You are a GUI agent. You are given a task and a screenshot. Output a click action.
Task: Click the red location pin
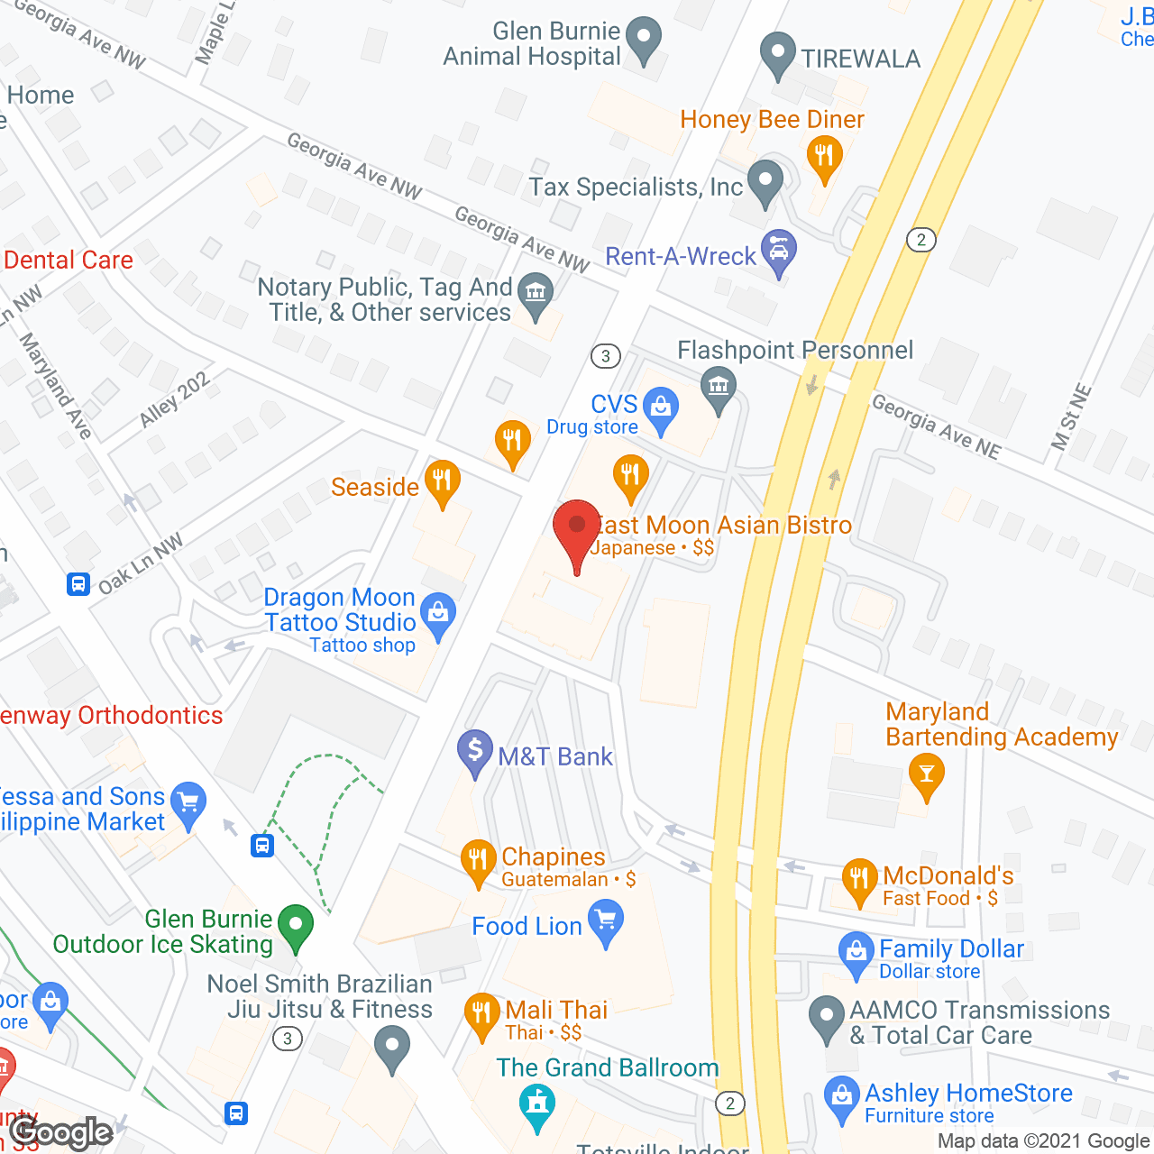[577, 527]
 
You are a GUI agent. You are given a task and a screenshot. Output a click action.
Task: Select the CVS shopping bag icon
[661, 408]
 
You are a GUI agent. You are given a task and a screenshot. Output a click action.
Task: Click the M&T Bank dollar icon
[475, 750]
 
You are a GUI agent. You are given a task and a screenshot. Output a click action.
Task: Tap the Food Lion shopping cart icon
[606, 922]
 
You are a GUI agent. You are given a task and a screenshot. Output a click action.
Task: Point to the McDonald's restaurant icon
[859, 879]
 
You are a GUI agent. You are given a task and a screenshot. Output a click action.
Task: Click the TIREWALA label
[861, 60]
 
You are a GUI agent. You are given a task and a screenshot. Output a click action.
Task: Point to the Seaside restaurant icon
[442, 480]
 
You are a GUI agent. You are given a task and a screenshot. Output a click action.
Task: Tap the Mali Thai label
[556, 1010]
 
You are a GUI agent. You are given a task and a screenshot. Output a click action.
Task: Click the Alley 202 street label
[175, 398]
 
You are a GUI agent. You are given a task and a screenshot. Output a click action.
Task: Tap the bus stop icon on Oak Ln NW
[78, 584]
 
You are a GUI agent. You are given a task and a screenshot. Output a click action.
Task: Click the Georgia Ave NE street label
[936, 426]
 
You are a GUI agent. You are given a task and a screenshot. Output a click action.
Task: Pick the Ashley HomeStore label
[968, 1093]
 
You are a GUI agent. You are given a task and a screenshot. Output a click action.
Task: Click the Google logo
[61, 1132]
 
